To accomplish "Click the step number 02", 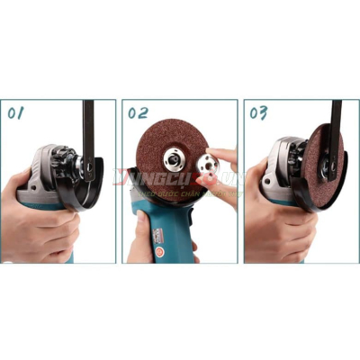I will pyautogui.click(x=138, y=113).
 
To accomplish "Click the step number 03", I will pyautogui.click(x=259, y=113).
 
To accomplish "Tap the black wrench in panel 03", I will pyautogui.click(x=334, y=135).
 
